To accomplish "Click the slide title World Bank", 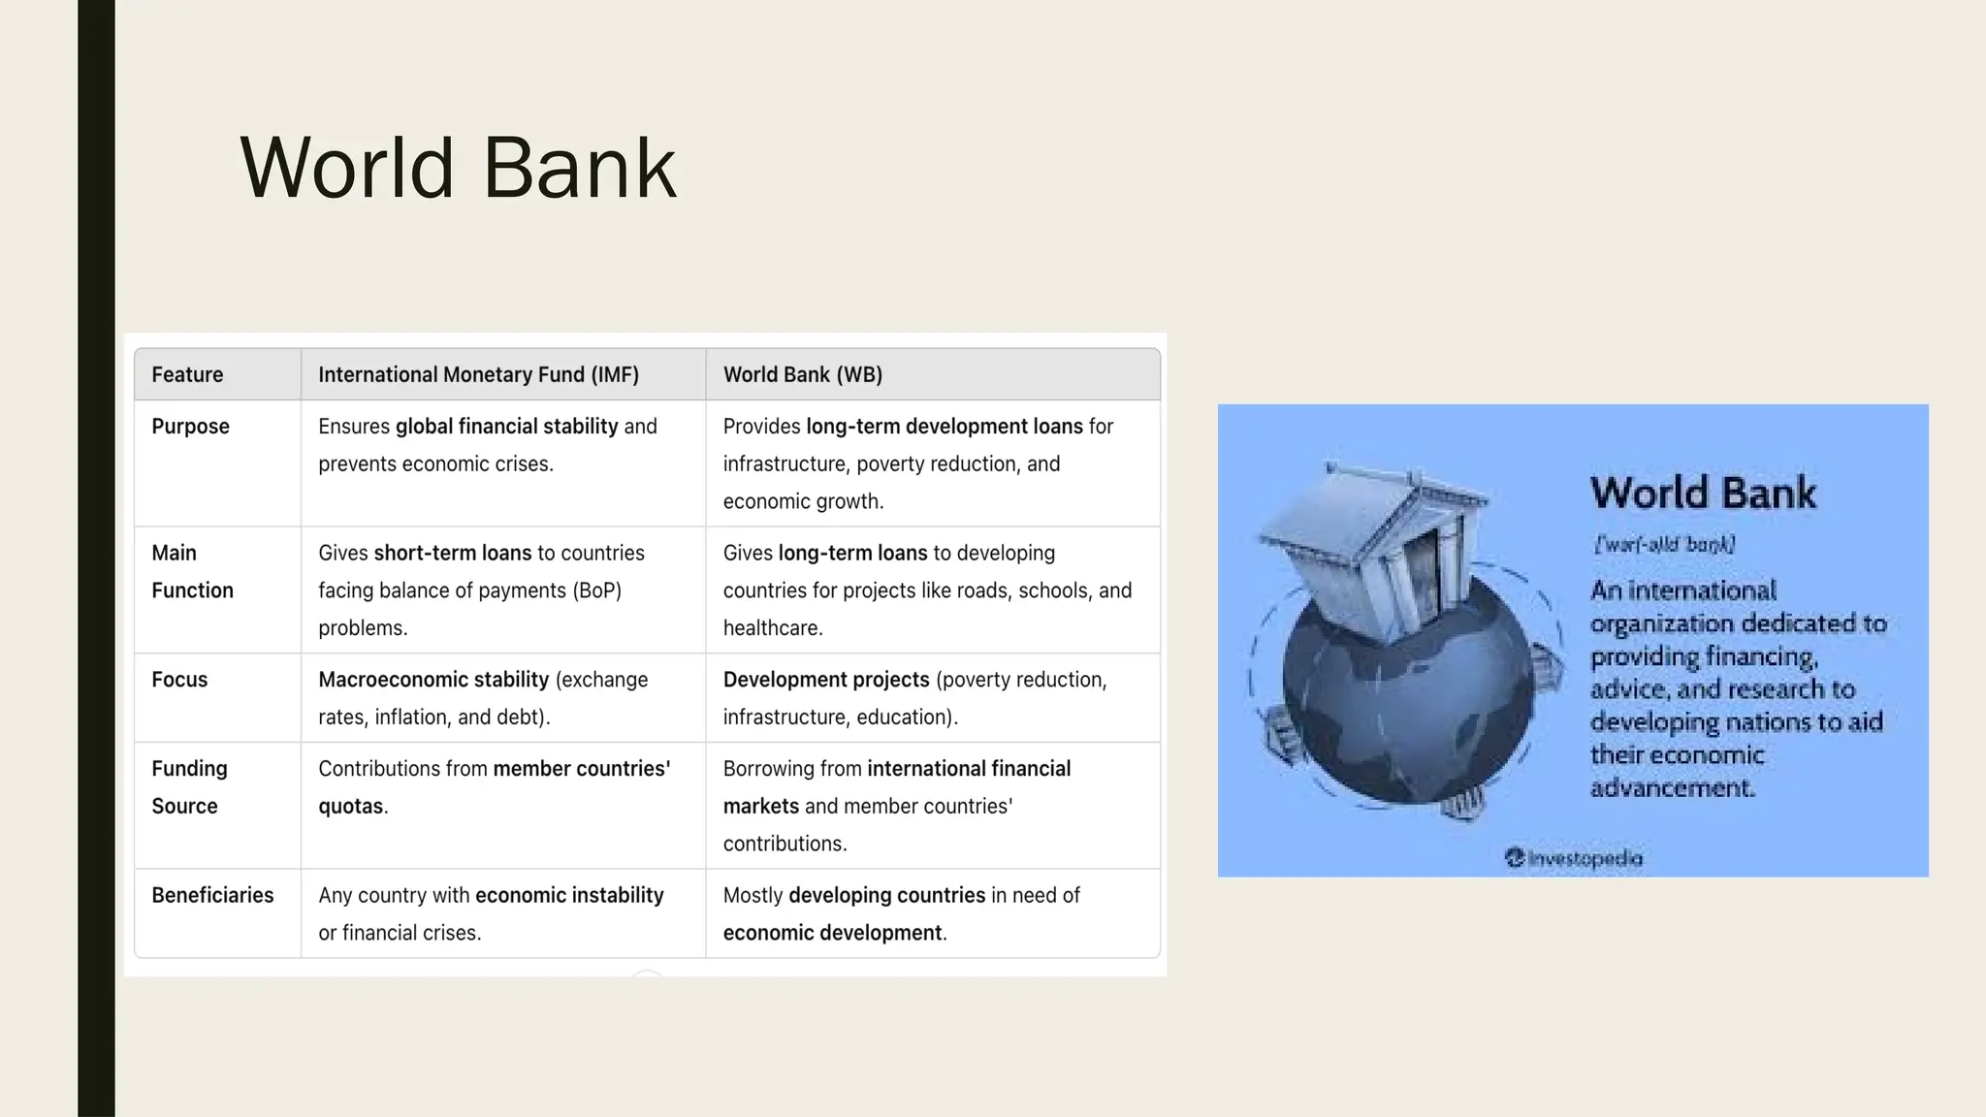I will point(458,169).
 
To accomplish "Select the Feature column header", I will point(187,375).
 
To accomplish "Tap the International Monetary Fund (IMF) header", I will point(478,375).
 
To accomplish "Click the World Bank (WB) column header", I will point(802,375).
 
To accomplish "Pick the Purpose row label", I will point(190,427).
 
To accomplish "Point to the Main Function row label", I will point(191,571).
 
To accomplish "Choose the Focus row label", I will point(179,680).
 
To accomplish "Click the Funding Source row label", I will point(189,787).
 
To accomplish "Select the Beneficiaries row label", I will point(212,895).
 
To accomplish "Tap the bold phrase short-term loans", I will point(452,554).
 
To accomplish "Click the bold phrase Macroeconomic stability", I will point(433,680).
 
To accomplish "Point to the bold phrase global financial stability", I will point(506,427).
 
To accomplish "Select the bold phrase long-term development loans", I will point(944,427).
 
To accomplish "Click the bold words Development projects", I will point(825,680).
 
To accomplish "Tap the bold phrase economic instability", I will point(569,895).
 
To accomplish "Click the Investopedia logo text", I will point(1574,858).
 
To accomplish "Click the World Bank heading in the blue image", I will point(1703,493).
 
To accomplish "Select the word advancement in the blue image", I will point(1672,787).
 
